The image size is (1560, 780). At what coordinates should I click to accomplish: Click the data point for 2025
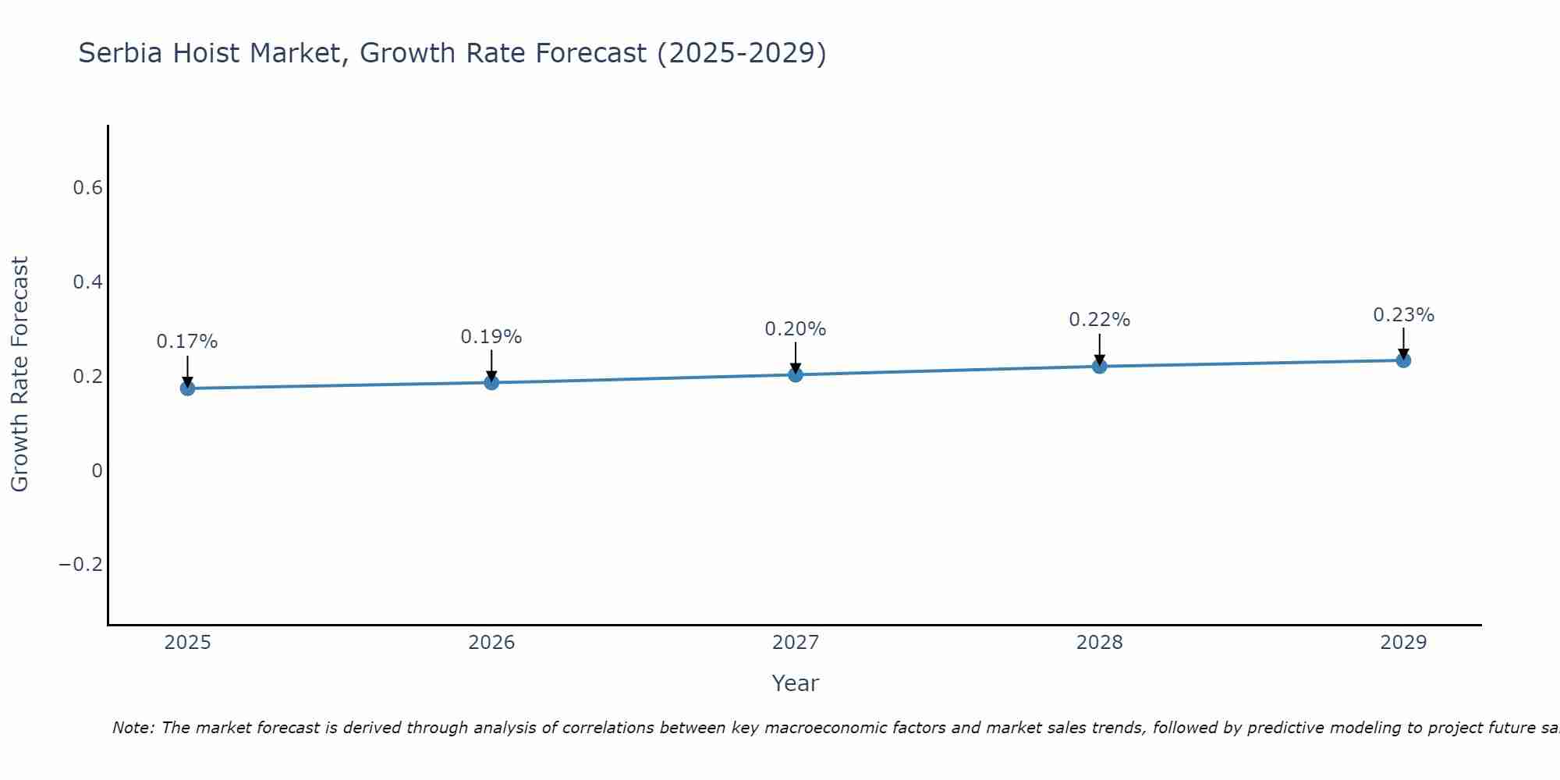pos(187,388)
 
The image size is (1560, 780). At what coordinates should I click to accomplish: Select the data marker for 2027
pos(795,374)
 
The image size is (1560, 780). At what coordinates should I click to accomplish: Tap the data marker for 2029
pos(1403,360)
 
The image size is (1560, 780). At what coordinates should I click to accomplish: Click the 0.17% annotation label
pos(187,342)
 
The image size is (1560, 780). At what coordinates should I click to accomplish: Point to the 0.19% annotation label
pos(491,337)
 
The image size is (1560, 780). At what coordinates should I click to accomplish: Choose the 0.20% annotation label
pos(795,329)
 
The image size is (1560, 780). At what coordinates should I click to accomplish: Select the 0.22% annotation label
pos(1099,320)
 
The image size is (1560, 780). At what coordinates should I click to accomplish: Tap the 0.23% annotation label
pos(1403,315)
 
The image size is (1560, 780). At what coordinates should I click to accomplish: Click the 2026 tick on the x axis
pos(491,643)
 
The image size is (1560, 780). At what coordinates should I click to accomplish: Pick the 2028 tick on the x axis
pos(1099,643)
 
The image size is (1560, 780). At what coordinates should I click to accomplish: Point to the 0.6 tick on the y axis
pos(87,188)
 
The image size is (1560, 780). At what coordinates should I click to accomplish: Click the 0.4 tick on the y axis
pos(87,282)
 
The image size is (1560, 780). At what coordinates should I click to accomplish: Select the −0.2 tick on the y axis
pos(81,565)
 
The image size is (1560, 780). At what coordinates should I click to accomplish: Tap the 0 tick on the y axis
pos(97,470)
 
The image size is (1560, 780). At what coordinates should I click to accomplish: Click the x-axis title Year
pos(795,683)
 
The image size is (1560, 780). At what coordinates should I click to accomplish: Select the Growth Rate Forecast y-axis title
pos(19,374)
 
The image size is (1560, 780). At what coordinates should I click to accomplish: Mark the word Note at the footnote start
pos(134,728)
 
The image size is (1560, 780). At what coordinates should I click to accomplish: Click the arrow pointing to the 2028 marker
pos(1099,349)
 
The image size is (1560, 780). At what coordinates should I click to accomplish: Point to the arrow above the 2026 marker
pos(491,364)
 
